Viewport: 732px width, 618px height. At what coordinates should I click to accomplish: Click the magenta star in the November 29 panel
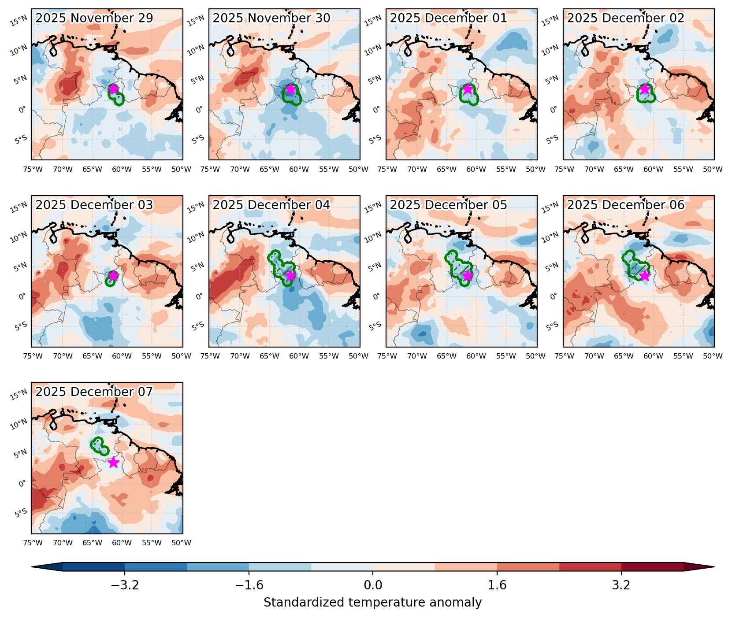pos(113,89)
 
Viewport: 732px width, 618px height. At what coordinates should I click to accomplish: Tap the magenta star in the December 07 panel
pos(113,462)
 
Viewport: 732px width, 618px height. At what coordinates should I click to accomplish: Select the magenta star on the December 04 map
pos(290,276)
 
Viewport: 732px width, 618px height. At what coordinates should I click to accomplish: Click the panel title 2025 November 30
pos(271,19)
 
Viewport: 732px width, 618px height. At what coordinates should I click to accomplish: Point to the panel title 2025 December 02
pos(626,19)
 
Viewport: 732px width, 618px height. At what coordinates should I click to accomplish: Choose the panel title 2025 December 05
pos(449,205)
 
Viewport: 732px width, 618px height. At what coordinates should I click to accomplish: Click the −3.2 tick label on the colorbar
pos(125,585)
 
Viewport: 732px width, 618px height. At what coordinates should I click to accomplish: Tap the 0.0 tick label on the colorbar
pos(373,585)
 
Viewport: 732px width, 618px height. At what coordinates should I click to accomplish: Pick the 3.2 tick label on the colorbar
pos(621,585)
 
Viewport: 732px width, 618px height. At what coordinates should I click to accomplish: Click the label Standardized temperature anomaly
pos(373,602)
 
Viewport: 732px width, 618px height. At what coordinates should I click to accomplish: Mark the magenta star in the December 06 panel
pos(645,276)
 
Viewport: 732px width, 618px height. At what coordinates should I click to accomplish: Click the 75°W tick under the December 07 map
pos(33,543)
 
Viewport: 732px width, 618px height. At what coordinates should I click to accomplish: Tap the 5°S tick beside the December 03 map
pos(21,326)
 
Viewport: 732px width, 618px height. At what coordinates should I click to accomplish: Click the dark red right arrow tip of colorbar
pos(713,567)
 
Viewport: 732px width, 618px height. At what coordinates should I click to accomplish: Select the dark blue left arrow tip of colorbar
pos(32,567)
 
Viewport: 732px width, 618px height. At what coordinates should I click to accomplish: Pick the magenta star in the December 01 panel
pos(468,89)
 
